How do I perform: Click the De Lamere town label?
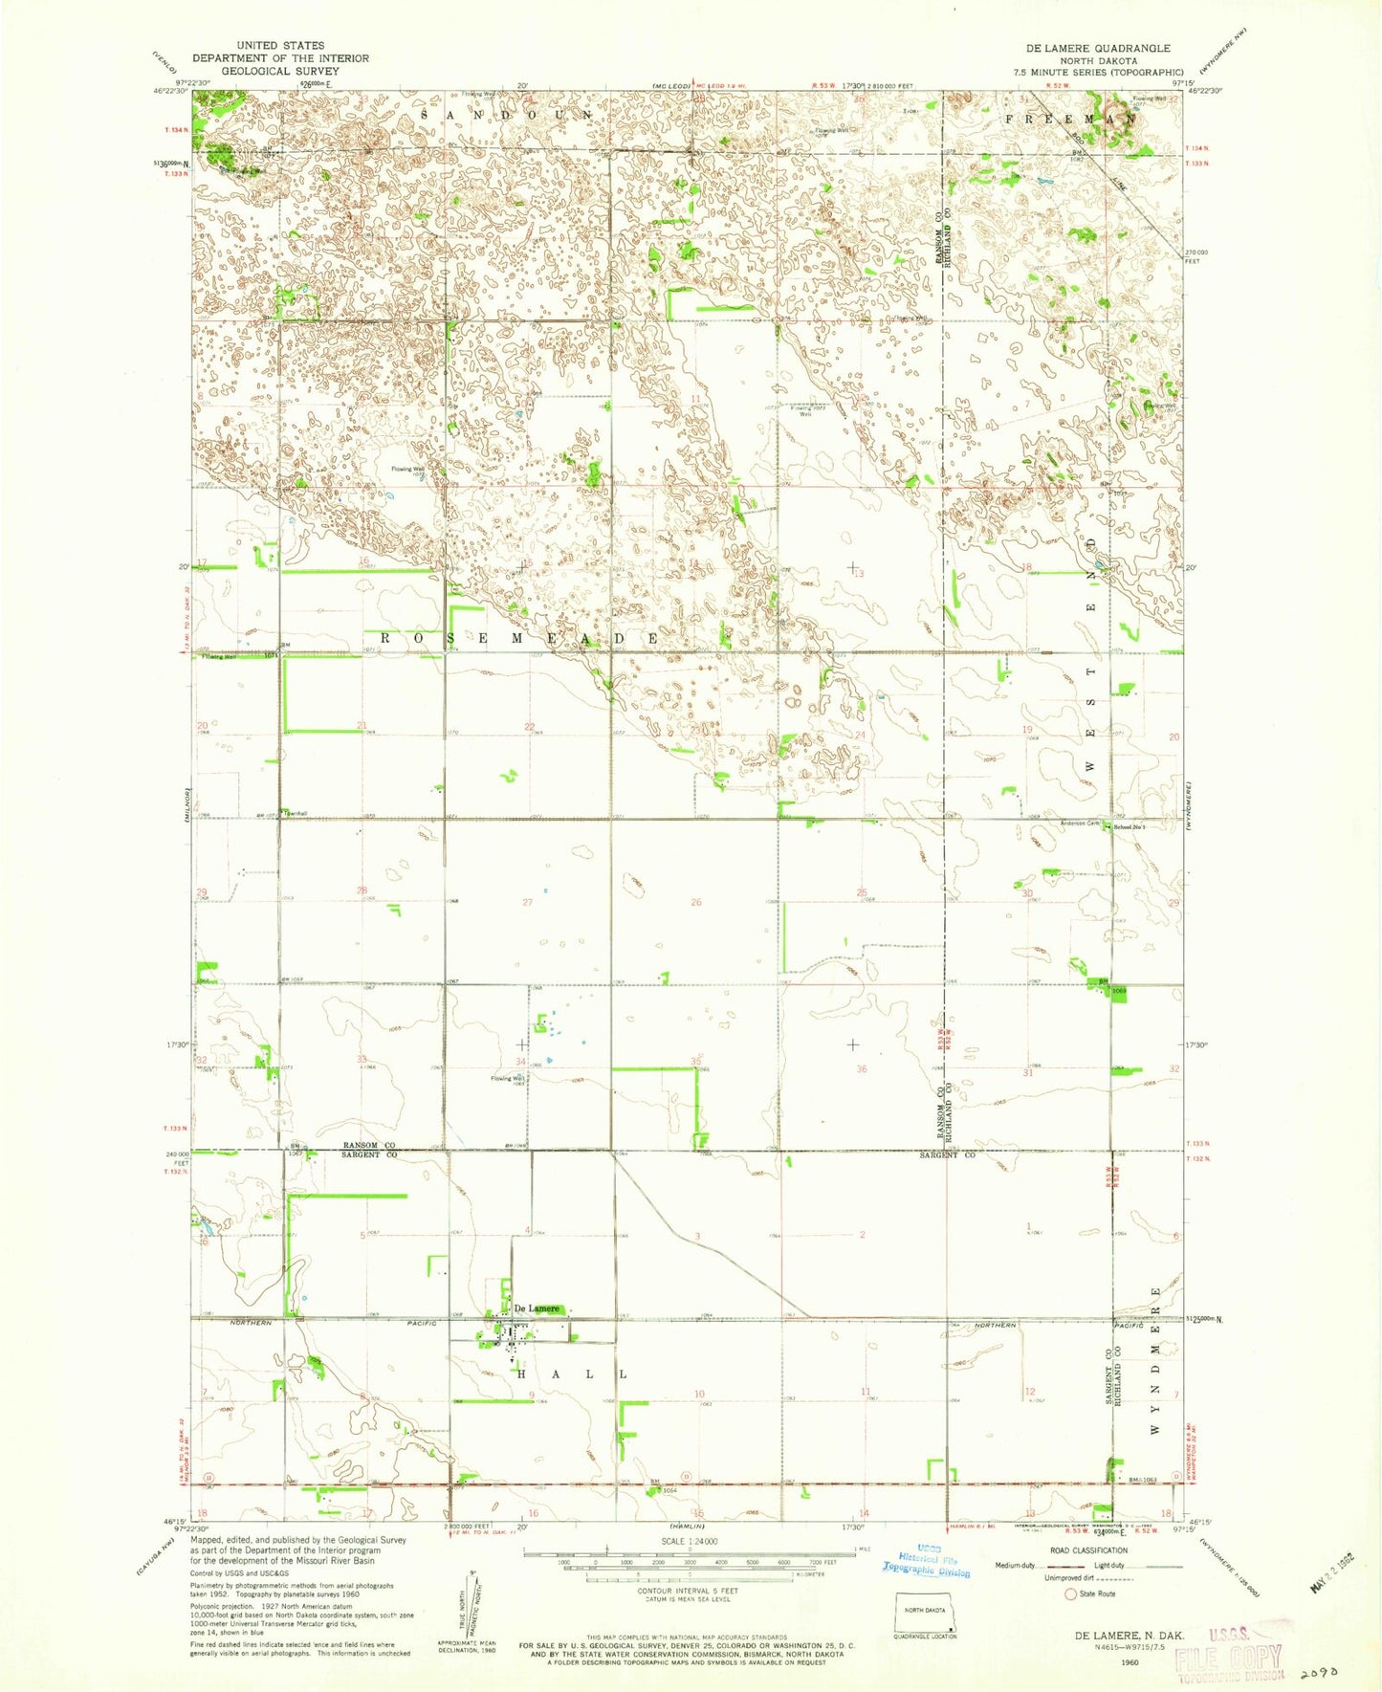coord(536,1308)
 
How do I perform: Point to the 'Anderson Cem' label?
coord(1080,824)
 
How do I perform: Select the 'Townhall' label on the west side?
coord(297,813)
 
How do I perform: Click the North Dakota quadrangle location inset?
coord(925,1616)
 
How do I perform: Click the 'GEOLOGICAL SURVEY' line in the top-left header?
coord(280,71)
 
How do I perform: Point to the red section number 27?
coord(527,902)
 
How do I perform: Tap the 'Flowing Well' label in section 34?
coord(507,1079)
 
